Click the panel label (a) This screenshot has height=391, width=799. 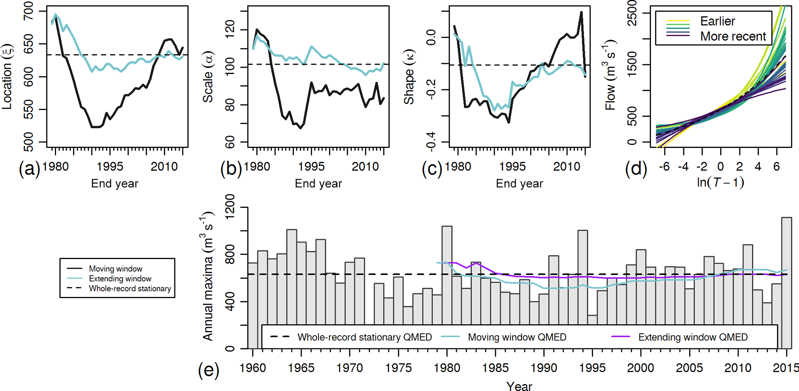[29, 169]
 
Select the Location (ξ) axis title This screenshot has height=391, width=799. [8, 77]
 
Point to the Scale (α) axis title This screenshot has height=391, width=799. [208, 77]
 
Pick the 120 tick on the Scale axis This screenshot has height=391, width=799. [230, 30]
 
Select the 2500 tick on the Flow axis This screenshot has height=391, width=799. [632, 13]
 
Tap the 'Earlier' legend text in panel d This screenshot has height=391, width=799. [717, 21]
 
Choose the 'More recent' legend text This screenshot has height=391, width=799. [733, 36]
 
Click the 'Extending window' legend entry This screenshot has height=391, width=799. [120, 279]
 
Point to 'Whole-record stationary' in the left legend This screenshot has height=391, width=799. [130, 289]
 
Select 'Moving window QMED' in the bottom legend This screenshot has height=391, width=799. [517, 337]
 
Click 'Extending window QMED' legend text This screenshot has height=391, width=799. [693, 337]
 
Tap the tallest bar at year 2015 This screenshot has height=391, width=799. [786, 283]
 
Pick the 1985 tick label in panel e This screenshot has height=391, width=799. [495, 368]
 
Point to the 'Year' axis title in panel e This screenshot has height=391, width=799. [519, 386]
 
